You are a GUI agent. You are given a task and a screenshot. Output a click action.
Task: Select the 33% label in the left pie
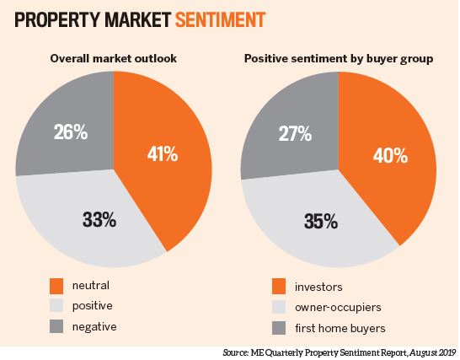pyautogui.click(x=99, y=221)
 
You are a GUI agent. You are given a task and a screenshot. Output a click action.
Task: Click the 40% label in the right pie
pyautogui.click(x=390, y=156)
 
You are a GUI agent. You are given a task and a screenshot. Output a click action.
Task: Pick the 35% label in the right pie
pyautogui.click(x=323, y=223)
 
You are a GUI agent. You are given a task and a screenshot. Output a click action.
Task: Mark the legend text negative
pyautogui.click(x=94, y=326)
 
